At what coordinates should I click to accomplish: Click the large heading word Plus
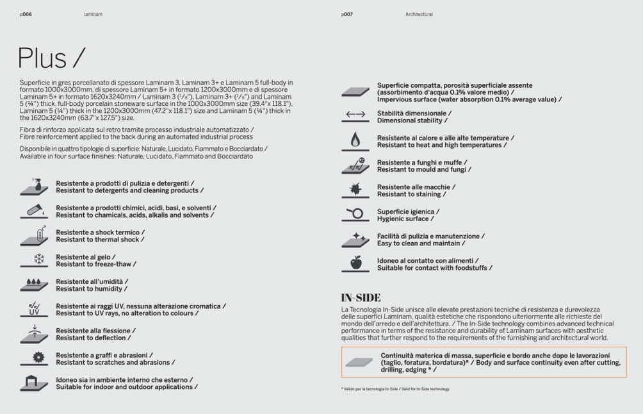pos(42,58)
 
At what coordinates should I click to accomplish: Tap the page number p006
pos(25,14)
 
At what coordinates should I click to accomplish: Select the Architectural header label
pos(419,14)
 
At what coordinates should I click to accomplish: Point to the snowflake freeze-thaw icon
pos(38,259)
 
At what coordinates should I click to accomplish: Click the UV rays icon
pos(34,309)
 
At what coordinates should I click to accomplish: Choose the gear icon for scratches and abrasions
pos(38,358)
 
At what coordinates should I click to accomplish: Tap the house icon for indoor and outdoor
pos(34,383)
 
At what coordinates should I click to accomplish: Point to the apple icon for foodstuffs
pos(355,263)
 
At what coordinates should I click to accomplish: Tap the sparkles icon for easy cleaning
pos(355,239)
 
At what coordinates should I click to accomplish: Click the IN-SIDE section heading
pos(361,298)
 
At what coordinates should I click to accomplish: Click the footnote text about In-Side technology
pos(395,389)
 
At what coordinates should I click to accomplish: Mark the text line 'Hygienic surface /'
pos(405,219)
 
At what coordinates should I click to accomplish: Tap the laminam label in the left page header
pos(93,14)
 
